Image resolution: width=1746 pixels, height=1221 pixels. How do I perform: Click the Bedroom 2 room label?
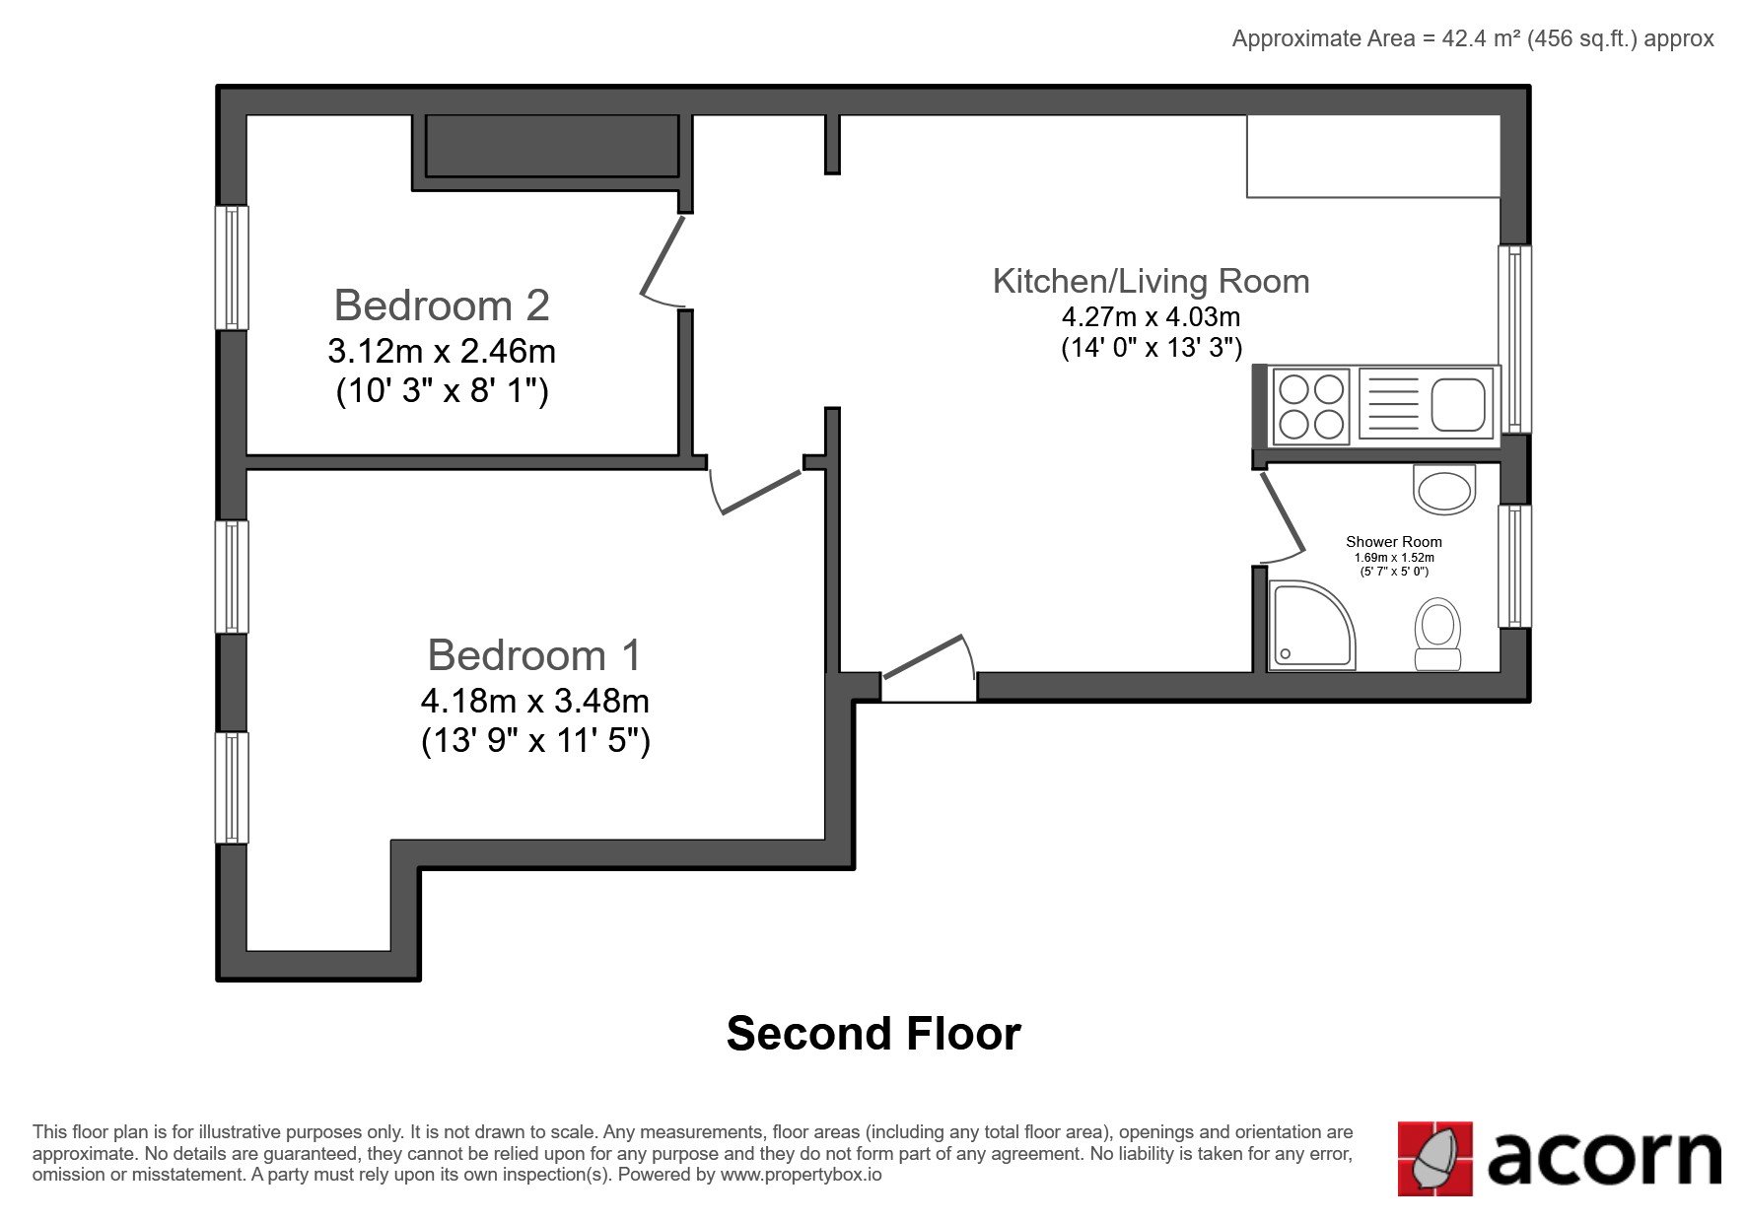pos(442,305)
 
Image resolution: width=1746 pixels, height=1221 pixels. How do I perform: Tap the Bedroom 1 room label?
pos(534,655)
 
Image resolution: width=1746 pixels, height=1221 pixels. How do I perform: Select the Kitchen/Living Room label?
pos(1151,281)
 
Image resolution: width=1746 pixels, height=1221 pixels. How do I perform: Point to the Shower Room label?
pos(1394,541)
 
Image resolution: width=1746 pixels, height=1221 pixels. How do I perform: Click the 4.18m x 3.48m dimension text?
pos(535,701)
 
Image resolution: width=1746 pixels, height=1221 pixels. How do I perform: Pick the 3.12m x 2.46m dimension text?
pos(442,351)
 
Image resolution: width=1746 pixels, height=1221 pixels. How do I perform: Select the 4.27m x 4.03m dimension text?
pos(1151,317)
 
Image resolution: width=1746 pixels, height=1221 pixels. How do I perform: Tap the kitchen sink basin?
pos(1458,405)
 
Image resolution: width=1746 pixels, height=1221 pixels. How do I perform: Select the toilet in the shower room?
pos(1437,635)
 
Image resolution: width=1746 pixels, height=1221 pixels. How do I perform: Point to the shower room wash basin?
pos(1444,489)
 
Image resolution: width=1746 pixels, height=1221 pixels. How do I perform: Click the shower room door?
pos(1284,515)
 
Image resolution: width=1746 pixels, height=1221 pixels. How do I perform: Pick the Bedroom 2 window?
pos(232,267)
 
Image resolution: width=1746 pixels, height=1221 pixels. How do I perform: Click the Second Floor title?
pos(873,1034)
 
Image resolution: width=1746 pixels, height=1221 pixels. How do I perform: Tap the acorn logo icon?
pos(1434,1159)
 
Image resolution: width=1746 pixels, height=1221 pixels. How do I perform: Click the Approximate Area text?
pos(1473,38)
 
